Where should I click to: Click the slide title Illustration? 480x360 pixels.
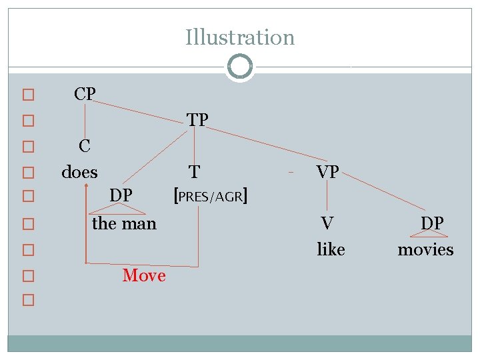click(x=240, y=37)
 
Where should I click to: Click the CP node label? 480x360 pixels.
click(x=85, y=94)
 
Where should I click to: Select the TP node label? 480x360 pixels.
click(x=198, y=119)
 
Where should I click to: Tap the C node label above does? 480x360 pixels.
click(x=85, y=145)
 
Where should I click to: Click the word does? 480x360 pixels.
click(x=79, y=172)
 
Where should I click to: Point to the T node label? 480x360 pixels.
click(x=193, y=172)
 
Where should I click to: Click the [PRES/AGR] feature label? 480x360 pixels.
click(x=211, y=196)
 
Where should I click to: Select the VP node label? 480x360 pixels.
click(x=328, y=172)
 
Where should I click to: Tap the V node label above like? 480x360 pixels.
click(x=327, y=223)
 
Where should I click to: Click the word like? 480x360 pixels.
click(x=331, y=249)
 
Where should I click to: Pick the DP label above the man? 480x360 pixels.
click(x=121, y=195)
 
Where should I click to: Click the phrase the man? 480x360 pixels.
click(x=124, y=223)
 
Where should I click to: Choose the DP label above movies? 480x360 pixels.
click(x=432, y=223)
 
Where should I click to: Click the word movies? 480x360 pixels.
click(x=425, y=249)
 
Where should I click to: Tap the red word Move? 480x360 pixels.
click(x=144, y=275)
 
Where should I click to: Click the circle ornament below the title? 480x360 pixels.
click(x=239, y=67)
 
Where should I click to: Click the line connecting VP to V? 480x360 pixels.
click(x=327, y=198)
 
